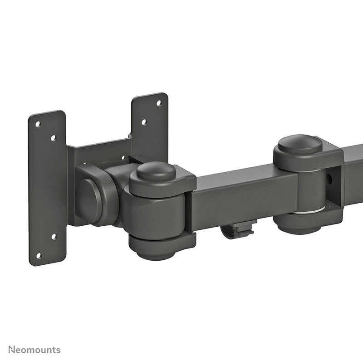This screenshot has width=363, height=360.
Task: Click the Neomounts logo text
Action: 31,350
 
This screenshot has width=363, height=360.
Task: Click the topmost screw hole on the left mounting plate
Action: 38,123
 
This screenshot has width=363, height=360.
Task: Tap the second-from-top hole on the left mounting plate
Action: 53,137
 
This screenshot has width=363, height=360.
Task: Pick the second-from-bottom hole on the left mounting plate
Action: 53,236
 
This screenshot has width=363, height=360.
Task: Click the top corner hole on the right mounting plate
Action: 159,103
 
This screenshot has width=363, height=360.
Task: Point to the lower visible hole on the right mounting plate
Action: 143,122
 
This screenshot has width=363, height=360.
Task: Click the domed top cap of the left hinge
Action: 156,171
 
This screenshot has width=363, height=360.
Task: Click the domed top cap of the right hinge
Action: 300,144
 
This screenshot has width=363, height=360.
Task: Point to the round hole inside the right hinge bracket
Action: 329,179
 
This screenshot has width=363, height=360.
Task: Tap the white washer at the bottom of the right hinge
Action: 309,210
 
